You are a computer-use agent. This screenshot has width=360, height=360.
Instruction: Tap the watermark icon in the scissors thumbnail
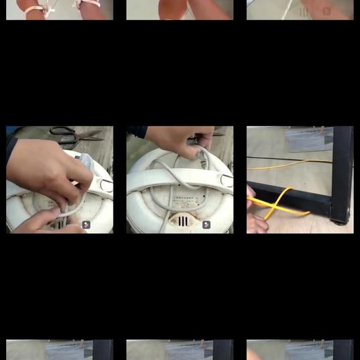point(86,225)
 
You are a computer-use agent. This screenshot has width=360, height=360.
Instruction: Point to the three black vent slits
point(183,221)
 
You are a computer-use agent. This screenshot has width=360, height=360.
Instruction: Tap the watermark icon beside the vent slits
point(206,225)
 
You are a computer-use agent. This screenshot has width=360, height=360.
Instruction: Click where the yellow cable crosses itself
point(276,202)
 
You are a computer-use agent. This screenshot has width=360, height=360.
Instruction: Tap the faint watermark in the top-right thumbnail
point(315,11)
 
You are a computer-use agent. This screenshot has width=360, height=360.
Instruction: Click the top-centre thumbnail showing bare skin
point(180,9)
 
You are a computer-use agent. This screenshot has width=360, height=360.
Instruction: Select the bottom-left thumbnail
point(60,349)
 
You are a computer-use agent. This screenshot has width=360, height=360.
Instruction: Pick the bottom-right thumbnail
point(300,349)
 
